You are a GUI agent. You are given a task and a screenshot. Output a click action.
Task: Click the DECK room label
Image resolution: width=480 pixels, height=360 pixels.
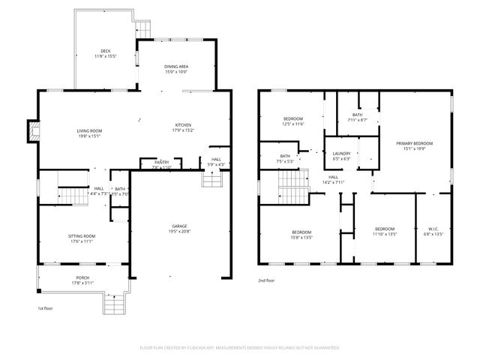pos(105,52)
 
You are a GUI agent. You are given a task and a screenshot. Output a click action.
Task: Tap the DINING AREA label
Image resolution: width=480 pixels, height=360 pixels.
pos(176,67)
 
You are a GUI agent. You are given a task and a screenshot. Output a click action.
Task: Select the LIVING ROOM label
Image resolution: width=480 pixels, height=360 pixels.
pos(89,131)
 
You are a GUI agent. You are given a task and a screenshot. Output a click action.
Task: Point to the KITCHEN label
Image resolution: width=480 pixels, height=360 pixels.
pos(184,124)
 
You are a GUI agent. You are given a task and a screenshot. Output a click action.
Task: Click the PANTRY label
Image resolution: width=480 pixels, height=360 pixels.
pos(161,162)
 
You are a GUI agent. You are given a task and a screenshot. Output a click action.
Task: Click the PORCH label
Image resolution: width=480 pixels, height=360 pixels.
pos(82,277)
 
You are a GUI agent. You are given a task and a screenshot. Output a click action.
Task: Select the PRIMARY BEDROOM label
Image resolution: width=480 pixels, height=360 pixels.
pos(415,142)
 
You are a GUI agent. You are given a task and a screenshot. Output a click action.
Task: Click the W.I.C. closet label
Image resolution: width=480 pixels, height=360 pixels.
pos(434,229)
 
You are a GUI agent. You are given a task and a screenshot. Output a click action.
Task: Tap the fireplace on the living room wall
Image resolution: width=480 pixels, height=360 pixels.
pos(32,132)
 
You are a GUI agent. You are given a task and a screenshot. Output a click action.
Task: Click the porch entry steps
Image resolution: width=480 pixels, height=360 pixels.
pos(112,304)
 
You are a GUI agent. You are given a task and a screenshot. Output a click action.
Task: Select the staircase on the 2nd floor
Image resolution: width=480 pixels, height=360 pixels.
pos(292,184)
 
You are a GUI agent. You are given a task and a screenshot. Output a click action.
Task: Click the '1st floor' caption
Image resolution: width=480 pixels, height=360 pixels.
pos(46,308)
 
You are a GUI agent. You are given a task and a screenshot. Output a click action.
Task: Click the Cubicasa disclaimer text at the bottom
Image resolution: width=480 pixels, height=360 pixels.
pos(240,348)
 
